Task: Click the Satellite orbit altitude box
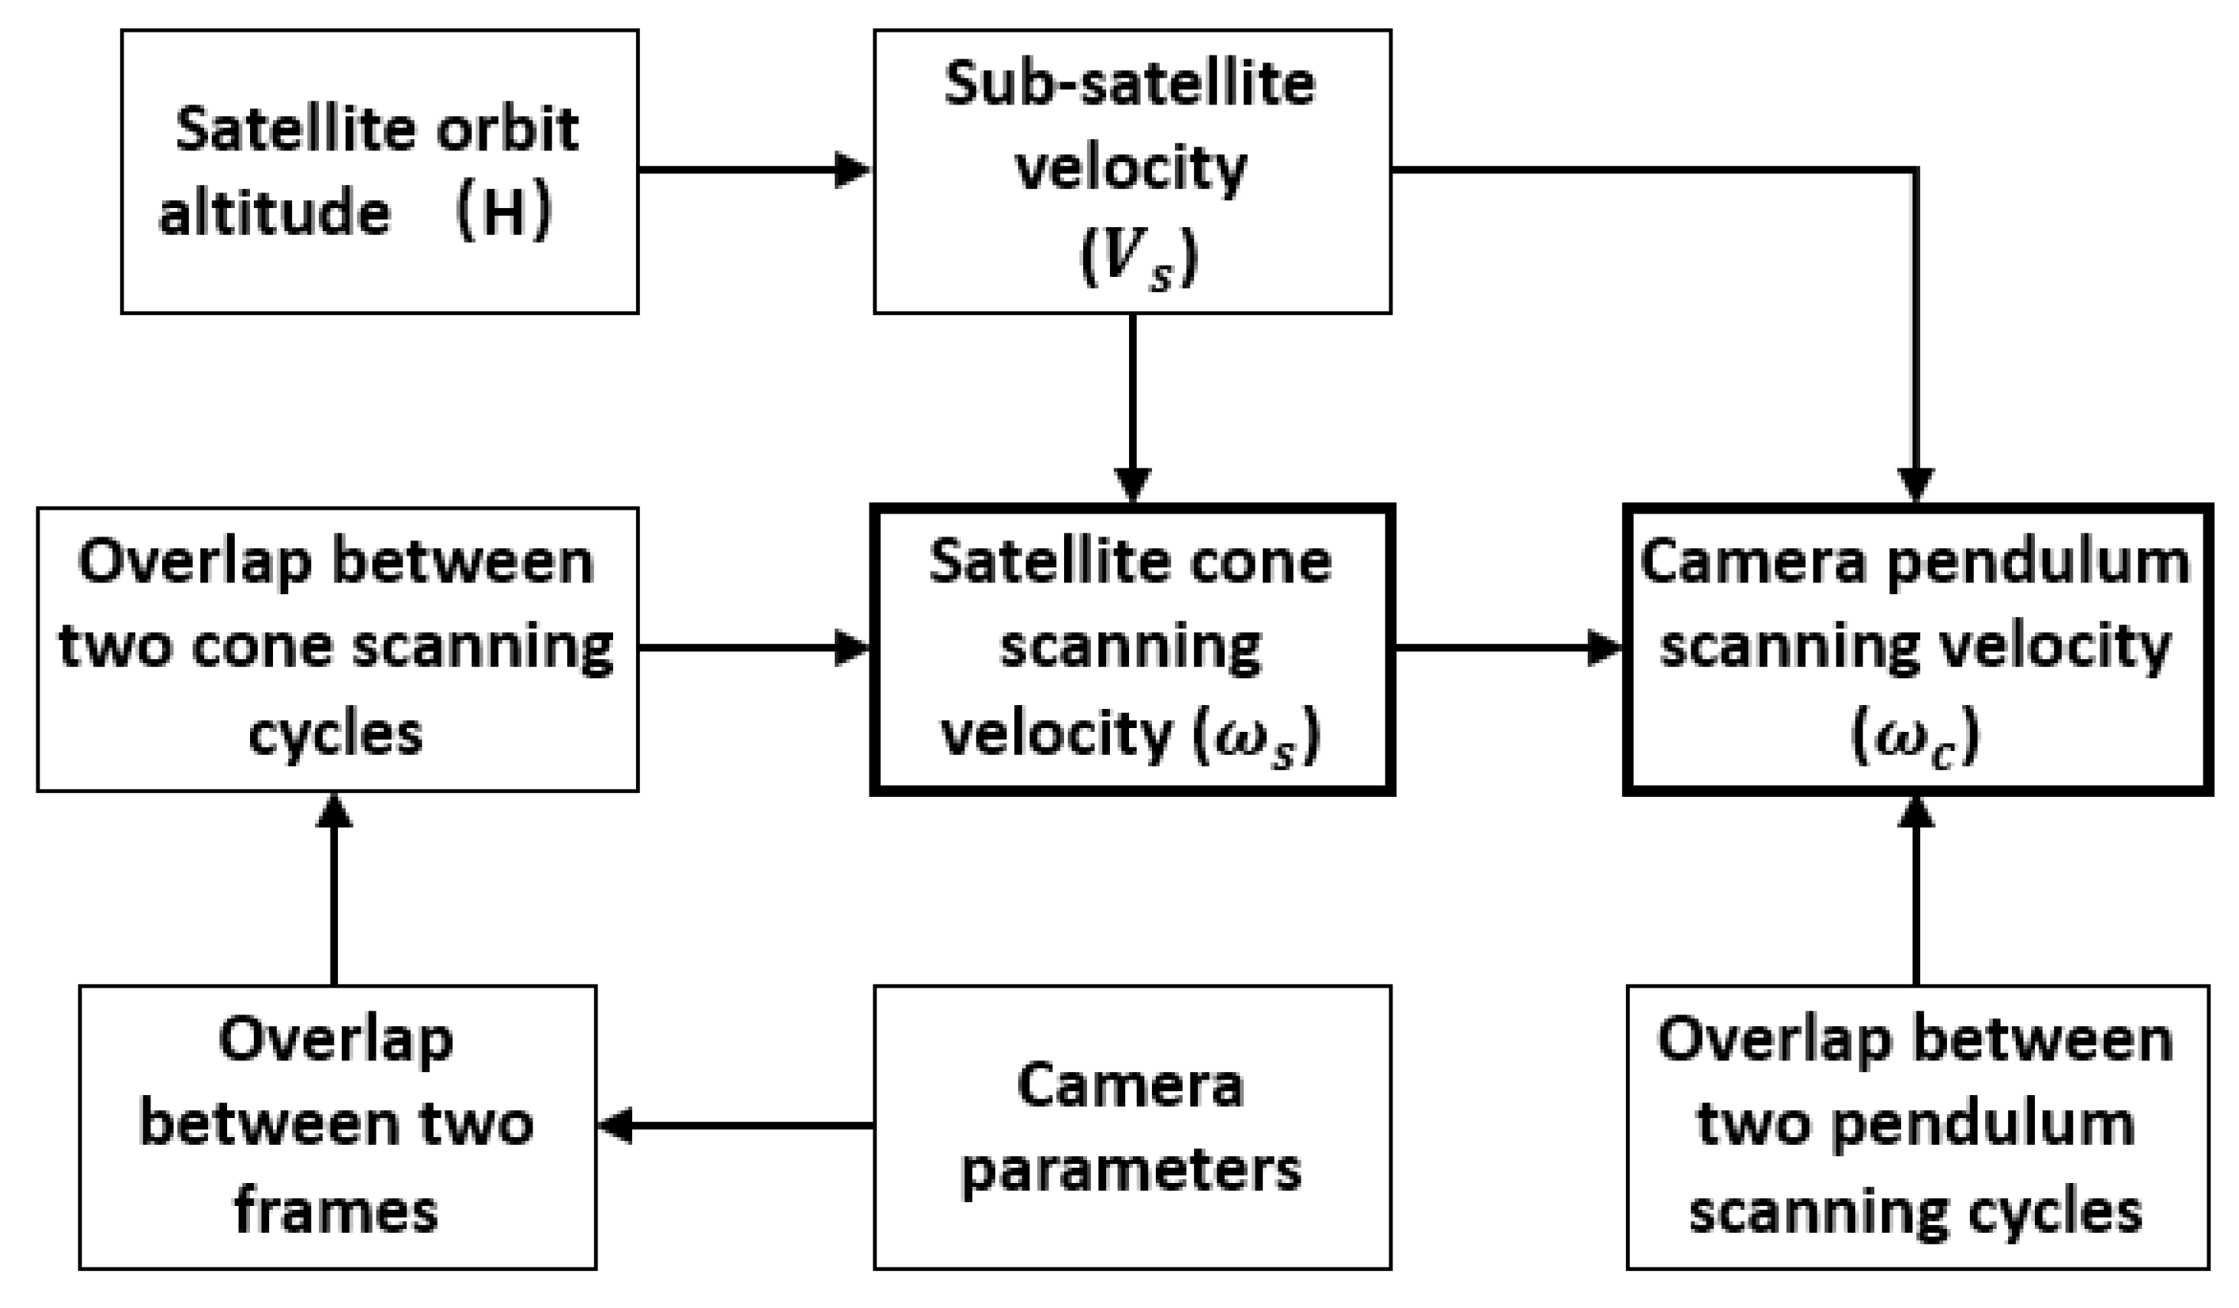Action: coord(380,172)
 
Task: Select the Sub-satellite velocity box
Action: coord(1132,172)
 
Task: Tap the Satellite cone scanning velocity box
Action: coord(1132,649)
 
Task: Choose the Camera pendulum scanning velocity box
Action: coord(1916,649)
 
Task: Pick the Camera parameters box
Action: coord(1132,1127)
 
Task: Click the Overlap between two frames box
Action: coord(337,1127)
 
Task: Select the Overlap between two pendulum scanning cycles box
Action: coord(1916,1127)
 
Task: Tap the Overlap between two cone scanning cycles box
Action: coord(337,649)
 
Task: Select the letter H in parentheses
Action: coord(504,214)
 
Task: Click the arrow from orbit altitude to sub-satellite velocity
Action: coord(756,169)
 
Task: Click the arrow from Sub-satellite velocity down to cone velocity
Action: coord(1132,409)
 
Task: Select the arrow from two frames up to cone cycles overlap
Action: coord(334,889)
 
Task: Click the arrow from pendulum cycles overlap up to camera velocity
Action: coord(1915,889)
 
